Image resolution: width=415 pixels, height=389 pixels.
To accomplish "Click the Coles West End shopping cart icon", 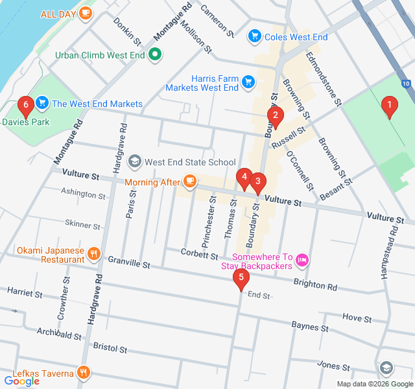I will point(255,37).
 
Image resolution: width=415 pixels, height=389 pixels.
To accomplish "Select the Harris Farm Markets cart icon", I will point(248,81).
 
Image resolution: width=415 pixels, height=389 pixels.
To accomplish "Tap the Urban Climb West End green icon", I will point(155,55).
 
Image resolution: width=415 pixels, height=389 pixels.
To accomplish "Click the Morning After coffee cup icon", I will point(189,182).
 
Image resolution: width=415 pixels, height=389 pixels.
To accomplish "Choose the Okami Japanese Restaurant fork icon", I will point(95,253).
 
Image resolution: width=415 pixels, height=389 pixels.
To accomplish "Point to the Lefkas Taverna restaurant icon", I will point(83,373).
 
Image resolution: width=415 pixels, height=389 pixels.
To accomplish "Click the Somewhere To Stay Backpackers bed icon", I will point(302,261).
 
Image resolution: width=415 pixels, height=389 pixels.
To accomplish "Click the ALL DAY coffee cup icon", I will point(85,13).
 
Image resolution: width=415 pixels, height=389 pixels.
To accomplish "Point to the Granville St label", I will point(129,265).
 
